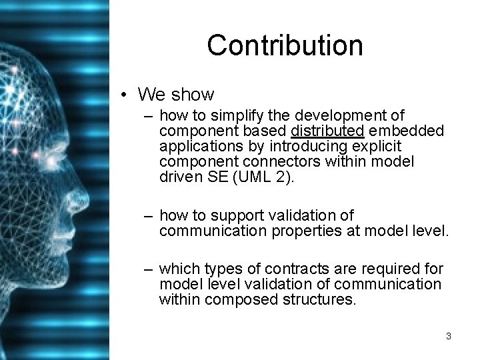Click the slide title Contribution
[x=285, y=45]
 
